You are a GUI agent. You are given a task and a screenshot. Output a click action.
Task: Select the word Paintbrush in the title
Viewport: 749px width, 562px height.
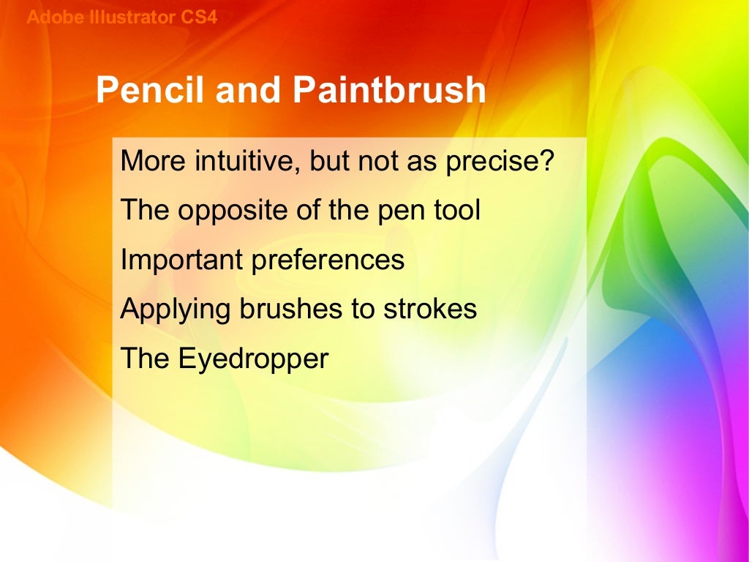389,90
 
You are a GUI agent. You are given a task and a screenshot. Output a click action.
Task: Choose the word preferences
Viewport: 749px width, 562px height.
328,260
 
